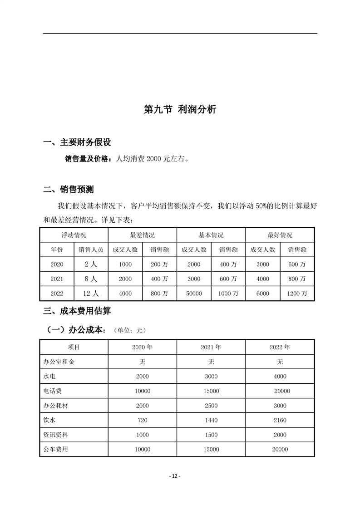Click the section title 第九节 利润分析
tap(180, 109)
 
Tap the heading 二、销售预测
tap(69, 189)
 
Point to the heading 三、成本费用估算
tap(77, 311)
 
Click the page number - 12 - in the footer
tap(175, 476)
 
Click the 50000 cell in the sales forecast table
tap(194, 294)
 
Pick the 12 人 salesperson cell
tap(91, 294)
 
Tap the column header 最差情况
tap(142, 235)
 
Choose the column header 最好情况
tap(280, 235)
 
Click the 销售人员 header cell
tap(91, 250)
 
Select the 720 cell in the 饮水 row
tap(142, 421)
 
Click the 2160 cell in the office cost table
tap(280, 421)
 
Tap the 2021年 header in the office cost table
tap(211, 347)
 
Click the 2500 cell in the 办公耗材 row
tap(211, 406)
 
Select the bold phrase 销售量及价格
tap(87, 159)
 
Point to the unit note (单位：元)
tap(131, 330)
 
